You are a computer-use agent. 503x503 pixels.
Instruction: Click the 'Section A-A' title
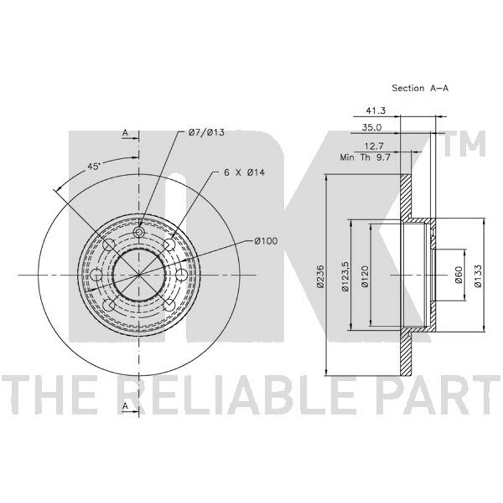(420, 88)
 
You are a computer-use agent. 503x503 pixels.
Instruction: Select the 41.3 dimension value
(375, 111)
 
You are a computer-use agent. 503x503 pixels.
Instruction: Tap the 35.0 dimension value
(372, 128)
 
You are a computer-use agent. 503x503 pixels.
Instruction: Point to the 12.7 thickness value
(374, 146)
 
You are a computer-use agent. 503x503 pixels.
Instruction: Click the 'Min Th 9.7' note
(365, 158)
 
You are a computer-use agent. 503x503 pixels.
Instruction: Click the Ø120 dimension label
(365, 276)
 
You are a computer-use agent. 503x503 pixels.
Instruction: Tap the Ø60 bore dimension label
(459, 275)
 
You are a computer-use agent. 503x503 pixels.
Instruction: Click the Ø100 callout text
(266, 241)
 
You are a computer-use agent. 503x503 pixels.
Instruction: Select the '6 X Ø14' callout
(244, 172)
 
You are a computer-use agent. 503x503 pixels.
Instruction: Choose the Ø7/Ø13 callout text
(206, 132)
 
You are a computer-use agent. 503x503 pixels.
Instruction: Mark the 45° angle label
(94, 167)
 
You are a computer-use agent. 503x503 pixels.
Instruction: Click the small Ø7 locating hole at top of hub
(139, 232)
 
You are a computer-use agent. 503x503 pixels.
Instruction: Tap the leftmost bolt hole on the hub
(96, 275)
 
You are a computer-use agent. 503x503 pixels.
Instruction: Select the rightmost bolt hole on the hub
(182, 275)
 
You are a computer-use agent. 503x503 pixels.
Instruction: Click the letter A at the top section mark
(125, 133)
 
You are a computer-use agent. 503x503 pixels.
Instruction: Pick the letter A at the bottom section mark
(125, 406)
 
